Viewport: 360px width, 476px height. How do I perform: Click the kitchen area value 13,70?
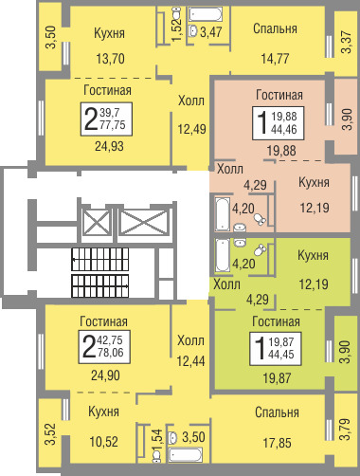[x=110, y=59]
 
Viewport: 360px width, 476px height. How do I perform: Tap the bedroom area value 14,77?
[x=275, y=59]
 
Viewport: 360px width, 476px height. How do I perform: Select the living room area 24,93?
[x=109, y=146]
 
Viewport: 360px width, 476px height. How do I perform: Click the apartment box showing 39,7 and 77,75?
[x=106, y=119]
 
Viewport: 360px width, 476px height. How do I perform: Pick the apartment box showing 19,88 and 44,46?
[x=278, y=123]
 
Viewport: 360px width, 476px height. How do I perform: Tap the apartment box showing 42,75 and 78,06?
[x=104, y=346]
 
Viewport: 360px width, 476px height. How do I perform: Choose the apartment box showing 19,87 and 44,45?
[x=276, y=349]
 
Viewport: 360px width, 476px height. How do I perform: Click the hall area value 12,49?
[x=192, y=129]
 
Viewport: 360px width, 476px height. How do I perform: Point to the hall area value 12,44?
[x=191, y=360]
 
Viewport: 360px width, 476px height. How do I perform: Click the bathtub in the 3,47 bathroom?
[x=206, y=14]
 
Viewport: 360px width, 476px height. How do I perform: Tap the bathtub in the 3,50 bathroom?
[x=186, y=455]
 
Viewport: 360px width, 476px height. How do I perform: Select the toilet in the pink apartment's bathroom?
[x=261, y=219]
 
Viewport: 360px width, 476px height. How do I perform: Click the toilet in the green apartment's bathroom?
[x=261, y=250]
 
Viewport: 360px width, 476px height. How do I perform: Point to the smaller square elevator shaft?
[x=96, y=222]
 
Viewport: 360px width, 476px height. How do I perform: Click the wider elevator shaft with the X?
[x=144, y=222]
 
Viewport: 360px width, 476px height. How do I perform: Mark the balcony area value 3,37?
[x=347, y=42]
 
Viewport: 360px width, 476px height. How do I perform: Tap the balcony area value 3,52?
[x=50, y=434]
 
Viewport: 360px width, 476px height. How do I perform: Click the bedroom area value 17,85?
[x=278, y=443]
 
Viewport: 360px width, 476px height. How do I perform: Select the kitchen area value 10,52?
[x=104, y=442]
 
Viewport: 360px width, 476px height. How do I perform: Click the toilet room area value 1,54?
[x=157, y=440]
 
